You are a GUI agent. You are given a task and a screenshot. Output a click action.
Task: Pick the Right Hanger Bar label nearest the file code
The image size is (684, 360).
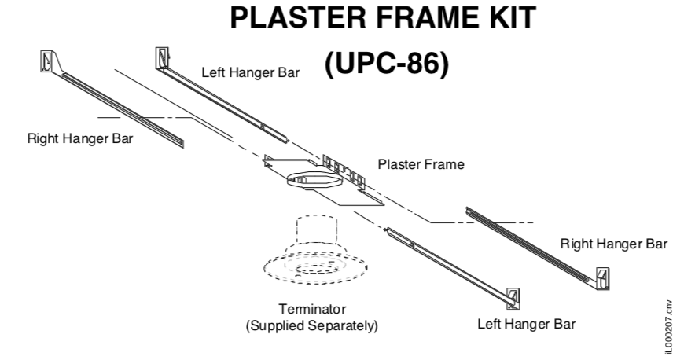point(613,243)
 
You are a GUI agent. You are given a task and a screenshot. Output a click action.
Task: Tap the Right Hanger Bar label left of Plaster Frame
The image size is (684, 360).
point(80,139)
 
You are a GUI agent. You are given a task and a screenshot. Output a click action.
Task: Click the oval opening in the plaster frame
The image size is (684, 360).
point(314,181)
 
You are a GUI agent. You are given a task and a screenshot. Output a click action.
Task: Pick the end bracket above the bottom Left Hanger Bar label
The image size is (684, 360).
point(513,297)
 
